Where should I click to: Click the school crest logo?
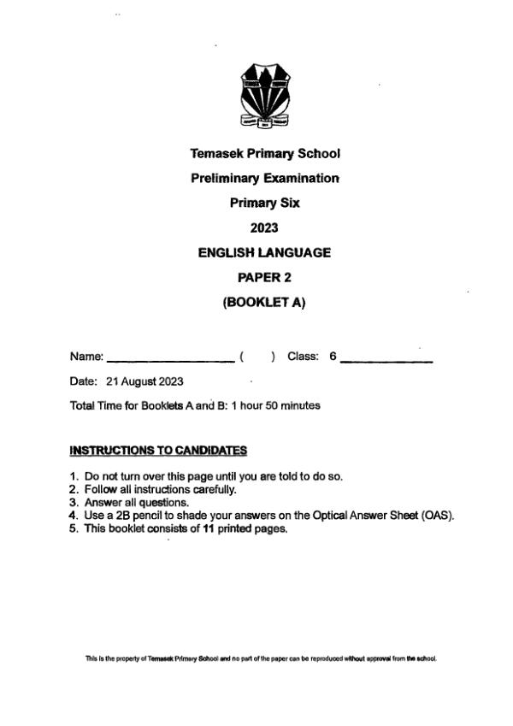pos(264,96)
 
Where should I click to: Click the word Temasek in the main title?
pos(217,154)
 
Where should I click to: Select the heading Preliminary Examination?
pos(264,179)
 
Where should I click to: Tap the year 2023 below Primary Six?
pos(264,228)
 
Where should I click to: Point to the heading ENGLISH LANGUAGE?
pos(264,252)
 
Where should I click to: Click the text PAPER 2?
pos(264,277)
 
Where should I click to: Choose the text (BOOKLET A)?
pos(264,302)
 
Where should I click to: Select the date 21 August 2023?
pos(144,381)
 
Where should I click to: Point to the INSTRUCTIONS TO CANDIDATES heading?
pos(158,450)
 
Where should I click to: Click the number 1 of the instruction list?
pos(74,476)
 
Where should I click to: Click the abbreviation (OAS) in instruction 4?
pos(437,516)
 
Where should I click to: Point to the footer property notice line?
pos(261,658)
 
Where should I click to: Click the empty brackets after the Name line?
pos(257,357)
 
